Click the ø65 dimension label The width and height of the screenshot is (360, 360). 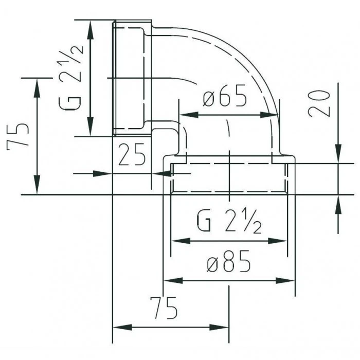[225, 96]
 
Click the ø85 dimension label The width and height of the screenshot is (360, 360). [229, 261]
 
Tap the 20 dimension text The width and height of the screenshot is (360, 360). [319, 103]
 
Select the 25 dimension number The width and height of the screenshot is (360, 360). [132, 154]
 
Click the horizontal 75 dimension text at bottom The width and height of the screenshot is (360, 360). [164, 308]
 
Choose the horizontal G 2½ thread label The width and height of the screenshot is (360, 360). [229, 221]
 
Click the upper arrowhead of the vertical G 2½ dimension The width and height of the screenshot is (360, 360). [91, 30]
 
